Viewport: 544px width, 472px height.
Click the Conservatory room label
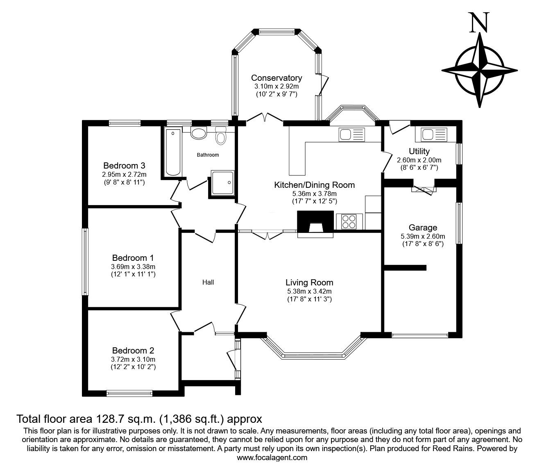tap(277, 78)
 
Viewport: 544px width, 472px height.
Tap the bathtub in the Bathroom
tap(173, 152)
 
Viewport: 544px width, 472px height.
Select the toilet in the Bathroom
tap(220, 135)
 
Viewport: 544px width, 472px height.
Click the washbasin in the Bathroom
tap(199, 133)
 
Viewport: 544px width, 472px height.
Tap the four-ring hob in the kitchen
tap(349, 221)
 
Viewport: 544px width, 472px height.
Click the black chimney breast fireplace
tap(315, 221)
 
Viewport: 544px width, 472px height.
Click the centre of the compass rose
tap(480, 71)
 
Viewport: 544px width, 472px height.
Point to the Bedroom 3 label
tap(124, 166)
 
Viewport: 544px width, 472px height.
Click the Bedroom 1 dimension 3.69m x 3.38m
tap(133, 267)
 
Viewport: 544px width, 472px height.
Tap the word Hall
tap(208, 282)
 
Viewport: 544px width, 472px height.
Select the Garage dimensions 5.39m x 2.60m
tap(423, 236)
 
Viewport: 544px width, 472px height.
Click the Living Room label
tap(309, 283)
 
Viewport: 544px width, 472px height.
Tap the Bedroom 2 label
tap(133, 351)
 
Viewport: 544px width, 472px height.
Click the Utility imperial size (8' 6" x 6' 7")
tap(419, 167)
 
